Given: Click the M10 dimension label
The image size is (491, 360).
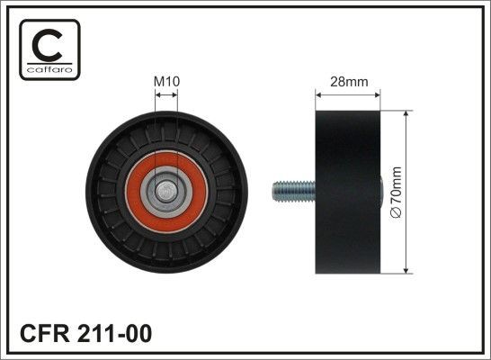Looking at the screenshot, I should [166, 81].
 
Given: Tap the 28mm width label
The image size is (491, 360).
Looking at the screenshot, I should [348, 81].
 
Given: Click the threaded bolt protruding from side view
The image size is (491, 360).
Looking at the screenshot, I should [293, 191].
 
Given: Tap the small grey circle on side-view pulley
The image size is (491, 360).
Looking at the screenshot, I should [382, 191].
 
